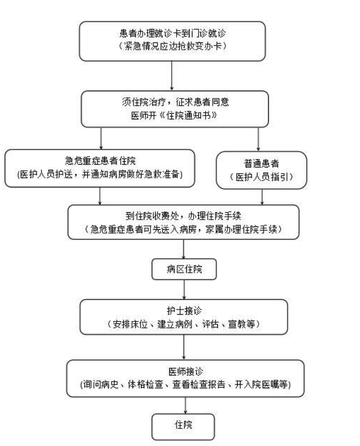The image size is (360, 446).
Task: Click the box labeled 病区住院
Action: [184, 269]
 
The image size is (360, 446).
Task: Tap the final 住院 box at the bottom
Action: [183, 427]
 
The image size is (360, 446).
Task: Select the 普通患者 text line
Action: [262, 164]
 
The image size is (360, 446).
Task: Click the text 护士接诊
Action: [184, 311]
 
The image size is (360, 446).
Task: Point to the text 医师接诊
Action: [186, 371]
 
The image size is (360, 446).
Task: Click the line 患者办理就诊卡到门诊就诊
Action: [172, 33]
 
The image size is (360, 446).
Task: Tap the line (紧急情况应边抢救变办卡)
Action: [172, 46]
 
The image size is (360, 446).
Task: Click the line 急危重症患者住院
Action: [100, 161]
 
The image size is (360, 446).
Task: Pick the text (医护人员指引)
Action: [262, 177]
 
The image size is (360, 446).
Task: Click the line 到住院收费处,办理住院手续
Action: [183, 216]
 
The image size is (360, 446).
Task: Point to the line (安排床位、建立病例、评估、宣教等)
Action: [184, 324]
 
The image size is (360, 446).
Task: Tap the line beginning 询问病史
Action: [186, 384]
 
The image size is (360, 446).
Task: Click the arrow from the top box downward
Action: [172, 76]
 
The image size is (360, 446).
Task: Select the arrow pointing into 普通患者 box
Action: [258, 139]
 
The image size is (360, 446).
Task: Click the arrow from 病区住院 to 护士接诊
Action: [185, 290]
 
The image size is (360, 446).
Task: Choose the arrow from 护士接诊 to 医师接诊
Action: [184, 347]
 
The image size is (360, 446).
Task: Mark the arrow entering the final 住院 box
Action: [186, 405]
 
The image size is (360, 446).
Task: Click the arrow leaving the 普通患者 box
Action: [262, 197]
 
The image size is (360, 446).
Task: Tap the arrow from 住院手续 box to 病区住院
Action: [183, 249]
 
